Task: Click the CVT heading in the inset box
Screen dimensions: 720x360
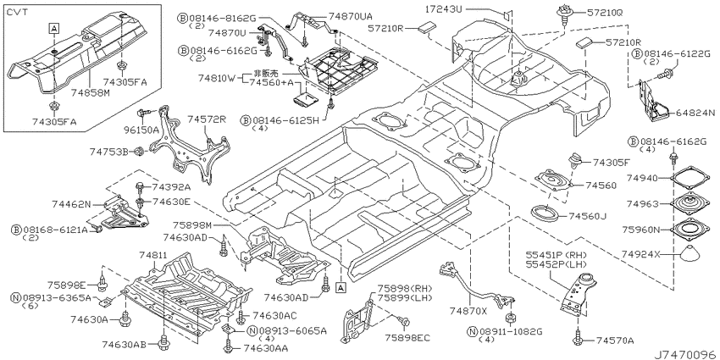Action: click(x=17, y=13)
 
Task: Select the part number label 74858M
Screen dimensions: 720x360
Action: click(x=91, y=93)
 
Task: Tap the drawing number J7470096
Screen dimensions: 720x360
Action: click(x=685, y=354)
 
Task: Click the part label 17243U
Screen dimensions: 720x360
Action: click(x=444, y=8)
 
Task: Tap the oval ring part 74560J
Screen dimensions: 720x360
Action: click(x=544, y=213)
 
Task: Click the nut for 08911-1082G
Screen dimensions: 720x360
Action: click(x=509, y=319)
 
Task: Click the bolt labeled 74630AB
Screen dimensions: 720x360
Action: click(x=163, y=341)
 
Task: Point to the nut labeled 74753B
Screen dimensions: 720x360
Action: click(x=140, y=151)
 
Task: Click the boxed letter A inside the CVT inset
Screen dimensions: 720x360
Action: click(x=53, y=29)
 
